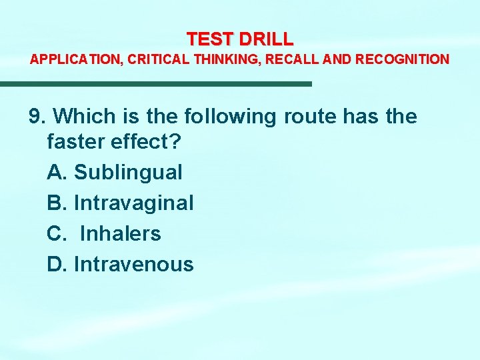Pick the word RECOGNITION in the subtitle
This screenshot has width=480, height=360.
403,59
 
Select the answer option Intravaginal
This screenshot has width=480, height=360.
133,203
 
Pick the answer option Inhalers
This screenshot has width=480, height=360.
120,234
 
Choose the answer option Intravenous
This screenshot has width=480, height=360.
133,265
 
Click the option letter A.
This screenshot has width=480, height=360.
55,173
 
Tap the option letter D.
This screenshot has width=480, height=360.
55,265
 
